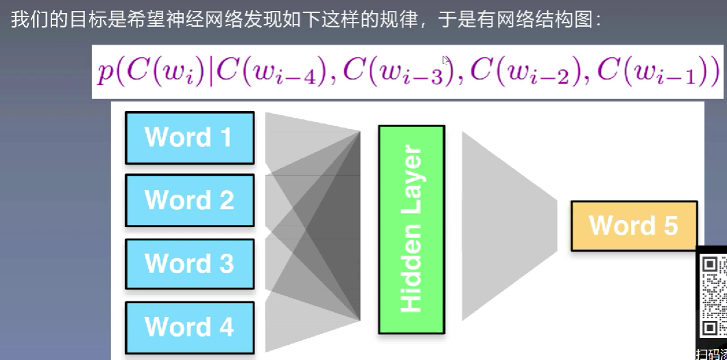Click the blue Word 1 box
(x=189, y=138)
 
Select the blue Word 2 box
(x=189, y=200)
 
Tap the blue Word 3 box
(x=189, y=264)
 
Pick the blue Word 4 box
(x=189, y=327)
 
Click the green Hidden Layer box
(x=411, y=230)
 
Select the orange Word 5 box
(x=634, y=226)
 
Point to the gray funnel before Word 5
(x=508, y=226)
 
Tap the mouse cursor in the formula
(x=446, y=61)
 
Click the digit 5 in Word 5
(x=669, y=226)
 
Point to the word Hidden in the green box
(x=411, y=274)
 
